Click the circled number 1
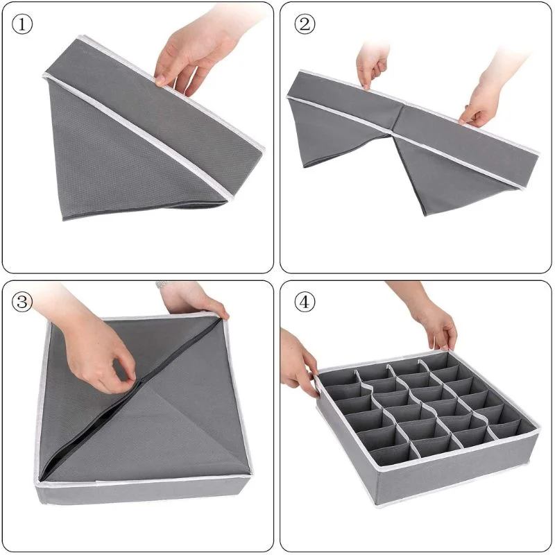[23, 24]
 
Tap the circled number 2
[303, 24]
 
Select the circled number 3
[23, 302]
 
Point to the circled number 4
[303, 302]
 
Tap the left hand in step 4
[297, 361]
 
